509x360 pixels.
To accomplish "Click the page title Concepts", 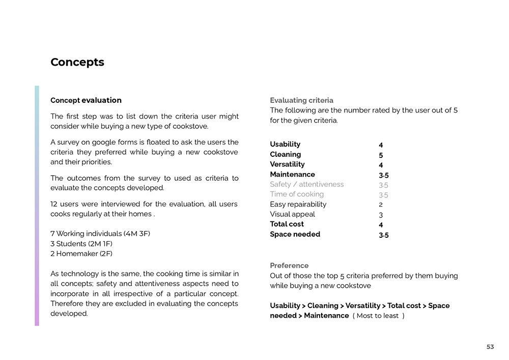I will [x=77, y=62].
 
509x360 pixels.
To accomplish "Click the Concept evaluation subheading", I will [x=86, y=100].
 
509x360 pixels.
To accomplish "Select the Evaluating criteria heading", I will [x=301, y=100].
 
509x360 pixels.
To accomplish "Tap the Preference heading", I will [x=289, y=265].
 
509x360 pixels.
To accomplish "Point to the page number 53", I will [x=490, y=347].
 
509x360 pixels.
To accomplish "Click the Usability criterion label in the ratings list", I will [x=285, y=144].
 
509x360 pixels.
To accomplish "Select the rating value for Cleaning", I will [x=381, y=155].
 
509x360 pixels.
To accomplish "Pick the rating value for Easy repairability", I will [x=381, y=205].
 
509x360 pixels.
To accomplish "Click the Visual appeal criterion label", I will [x=292, y=214].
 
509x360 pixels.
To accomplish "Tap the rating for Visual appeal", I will [x=381, y=215].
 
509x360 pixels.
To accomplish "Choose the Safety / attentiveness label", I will [x=306, y=184].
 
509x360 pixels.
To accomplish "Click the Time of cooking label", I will [x=297, y=194].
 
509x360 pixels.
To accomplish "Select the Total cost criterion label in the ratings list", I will [x=287, y=224].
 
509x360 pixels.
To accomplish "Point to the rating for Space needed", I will [x=383, y=235].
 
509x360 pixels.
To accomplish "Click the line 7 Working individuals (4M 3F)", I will [x=100, y=234].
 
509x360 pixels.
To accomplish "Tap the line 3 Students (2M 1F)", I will [x=81, y=244].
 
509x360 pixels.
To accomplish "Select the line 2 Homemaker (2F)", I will [x=81, y=254].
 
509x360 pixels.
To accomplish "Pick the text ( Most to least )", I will [x=378, y=316].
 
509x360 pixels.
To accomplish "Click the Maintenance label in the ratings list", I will [x=292, y=174].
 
